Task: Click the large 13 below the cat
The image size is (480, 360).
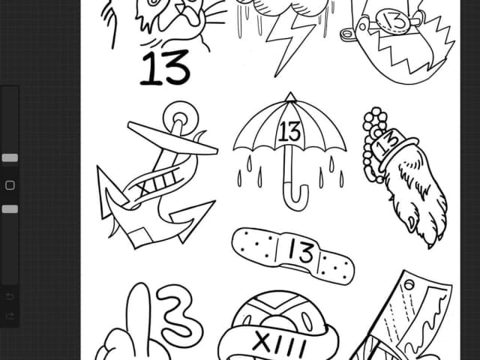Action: (x=165, y=68)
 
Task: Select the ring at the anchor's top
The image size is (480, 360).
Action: (x=181, y=118)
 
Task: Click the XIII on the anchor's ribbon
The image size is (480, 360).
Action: (x=158, y=183)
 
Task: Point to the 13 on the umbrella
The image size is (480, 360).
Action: (x=289, y=132)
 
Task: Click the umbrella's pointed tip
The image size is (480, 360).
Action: (x=290, y=93)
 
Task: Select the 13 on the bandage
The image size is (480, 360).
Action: (x=301, y=250)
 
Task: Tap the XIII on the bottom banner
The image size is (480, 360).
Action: (x=279, y=343)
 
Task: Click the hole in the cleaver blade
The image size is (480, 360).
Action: (x=409, y=285)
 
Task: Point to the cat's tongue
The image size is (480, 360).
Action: (x=191, y=16)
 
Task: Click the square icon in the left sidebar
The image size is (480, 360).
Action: (x=10, y=185)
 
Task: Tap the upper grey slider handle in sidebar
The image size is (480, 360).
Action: (x=10, y=157)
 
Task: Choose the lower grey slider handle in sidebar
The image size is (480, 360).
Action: (x=10, y=209)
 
